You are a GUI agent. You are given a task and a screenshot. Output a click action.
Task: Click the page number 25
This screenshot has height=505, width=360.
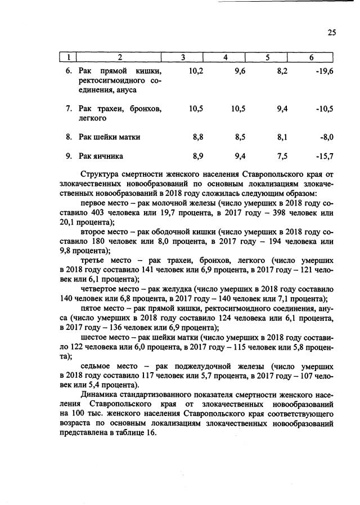331,33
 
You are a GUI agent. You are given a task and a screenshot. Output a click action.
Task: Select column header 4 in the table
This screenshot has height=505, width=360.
226,58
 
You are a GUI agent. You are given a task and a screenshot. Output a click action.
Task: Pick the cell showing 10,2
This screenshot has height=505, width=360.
195,71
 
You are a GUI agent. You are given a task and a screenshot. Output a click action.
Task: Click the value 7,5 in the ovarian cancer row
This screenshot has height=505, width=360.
282,156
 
